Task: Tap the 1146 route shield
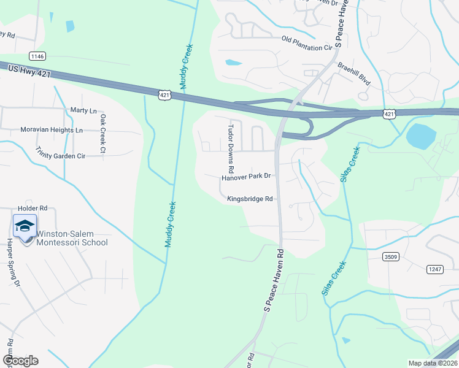pyautogui.click(x=37, y=56)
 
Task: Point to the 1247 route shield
pyautogui.click(x=434, y=269)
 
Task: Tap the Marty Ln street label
pyautogui.click(x=84, y=111)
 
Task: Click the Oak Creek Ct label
pyautogui.click(x=103, y=134)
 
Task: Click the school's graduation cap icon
pyautogui.click(x=25, y=226)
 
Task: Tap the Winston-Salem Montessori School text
pyautogui.click(x=72, y=238)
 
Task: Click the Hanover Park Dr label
pyautogui.click(x=246, y=177)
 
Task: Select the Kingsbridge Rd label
pyautogui.click(x=249, y=199)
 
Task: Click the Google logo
pyautogui.click(x=20, y=361)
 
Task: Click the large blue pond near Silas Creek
pyautogui.click(x=418, y=136)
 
